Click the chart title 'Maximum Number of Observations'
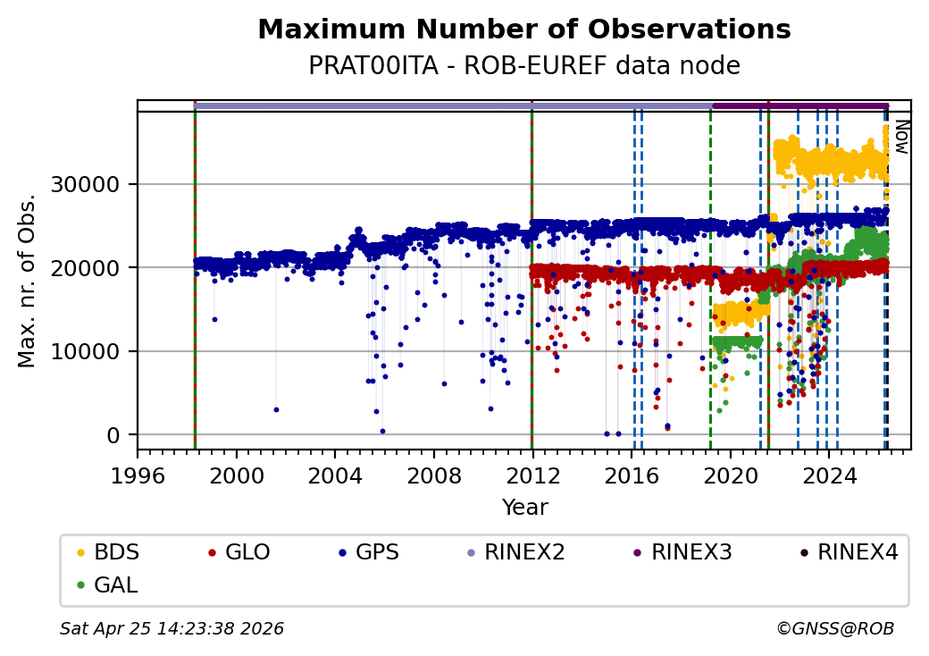523,29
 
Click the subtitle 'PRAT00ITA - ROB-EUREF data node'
523,65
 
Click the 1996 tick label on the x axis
138,475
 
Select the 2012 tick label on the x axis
532,475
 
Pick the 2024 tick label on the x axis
828,475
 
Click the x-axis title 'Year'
524,508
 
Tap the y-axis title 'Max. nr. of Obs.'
27,280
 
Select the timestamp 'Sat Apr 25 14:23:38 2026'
172,629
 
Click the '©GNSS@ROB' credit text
835,629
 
